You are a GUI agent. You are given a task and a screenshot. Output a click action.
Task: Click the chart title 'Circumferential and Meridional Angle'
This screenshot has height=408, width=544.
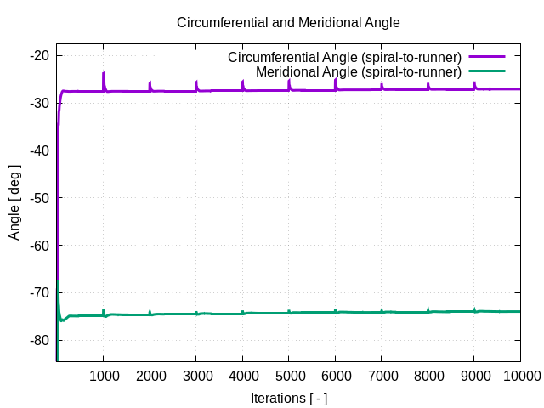point(288,22)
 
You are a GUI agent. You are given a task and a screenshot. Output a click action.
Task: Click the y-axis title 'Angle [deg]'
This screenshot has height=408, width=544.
point(14,202)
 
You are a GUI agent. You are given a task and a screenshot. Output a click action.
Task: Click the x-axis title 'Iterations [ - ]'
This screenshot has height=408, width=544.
point(288,398)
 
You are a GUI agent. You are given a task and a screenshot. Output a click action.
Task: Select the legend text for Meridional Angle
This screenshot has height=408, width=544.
point(358,72)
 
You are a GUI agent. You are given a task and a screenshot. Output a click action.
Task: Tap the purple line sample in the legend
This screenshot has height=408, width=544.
point(486,58)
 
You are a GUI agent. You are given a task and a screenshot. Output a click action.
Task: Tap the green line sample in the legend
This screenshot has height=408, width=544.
point(486,72)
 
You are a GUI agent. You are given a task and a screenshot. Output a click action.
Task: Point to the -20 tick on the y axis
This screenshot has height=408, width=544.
point(39,56)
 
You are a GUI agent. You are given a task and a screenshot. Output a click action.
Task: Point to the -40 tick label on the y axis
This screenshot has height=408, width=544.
point(39,150)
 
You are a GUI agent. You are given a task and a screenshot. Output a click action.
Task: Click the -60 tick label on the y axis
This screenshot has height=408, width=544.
point(39,246)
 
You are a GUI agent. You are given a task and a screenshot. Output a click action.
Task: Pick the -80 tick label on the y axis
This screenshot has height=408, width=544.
point(39,341)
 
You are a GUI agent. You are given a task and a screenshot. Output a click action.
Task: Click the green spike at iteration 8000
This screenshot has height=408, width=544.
point(428,309)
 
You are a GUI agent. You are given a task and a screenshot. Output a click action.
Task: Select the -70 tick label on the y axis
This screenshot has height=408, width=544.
point(39,293)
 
